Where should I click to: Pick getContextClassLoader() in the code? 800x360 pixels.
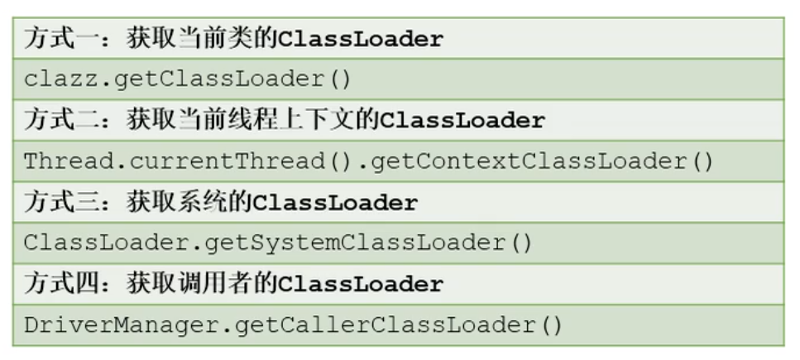(542, 161)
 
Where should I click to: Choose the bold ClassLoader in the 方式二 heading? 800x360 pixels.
(462, 121)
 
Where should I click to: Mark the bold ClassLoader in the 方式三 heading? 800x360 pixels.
(336, 203)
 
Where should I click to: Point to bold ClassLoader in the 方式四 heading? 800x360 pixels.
(361, 285)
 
